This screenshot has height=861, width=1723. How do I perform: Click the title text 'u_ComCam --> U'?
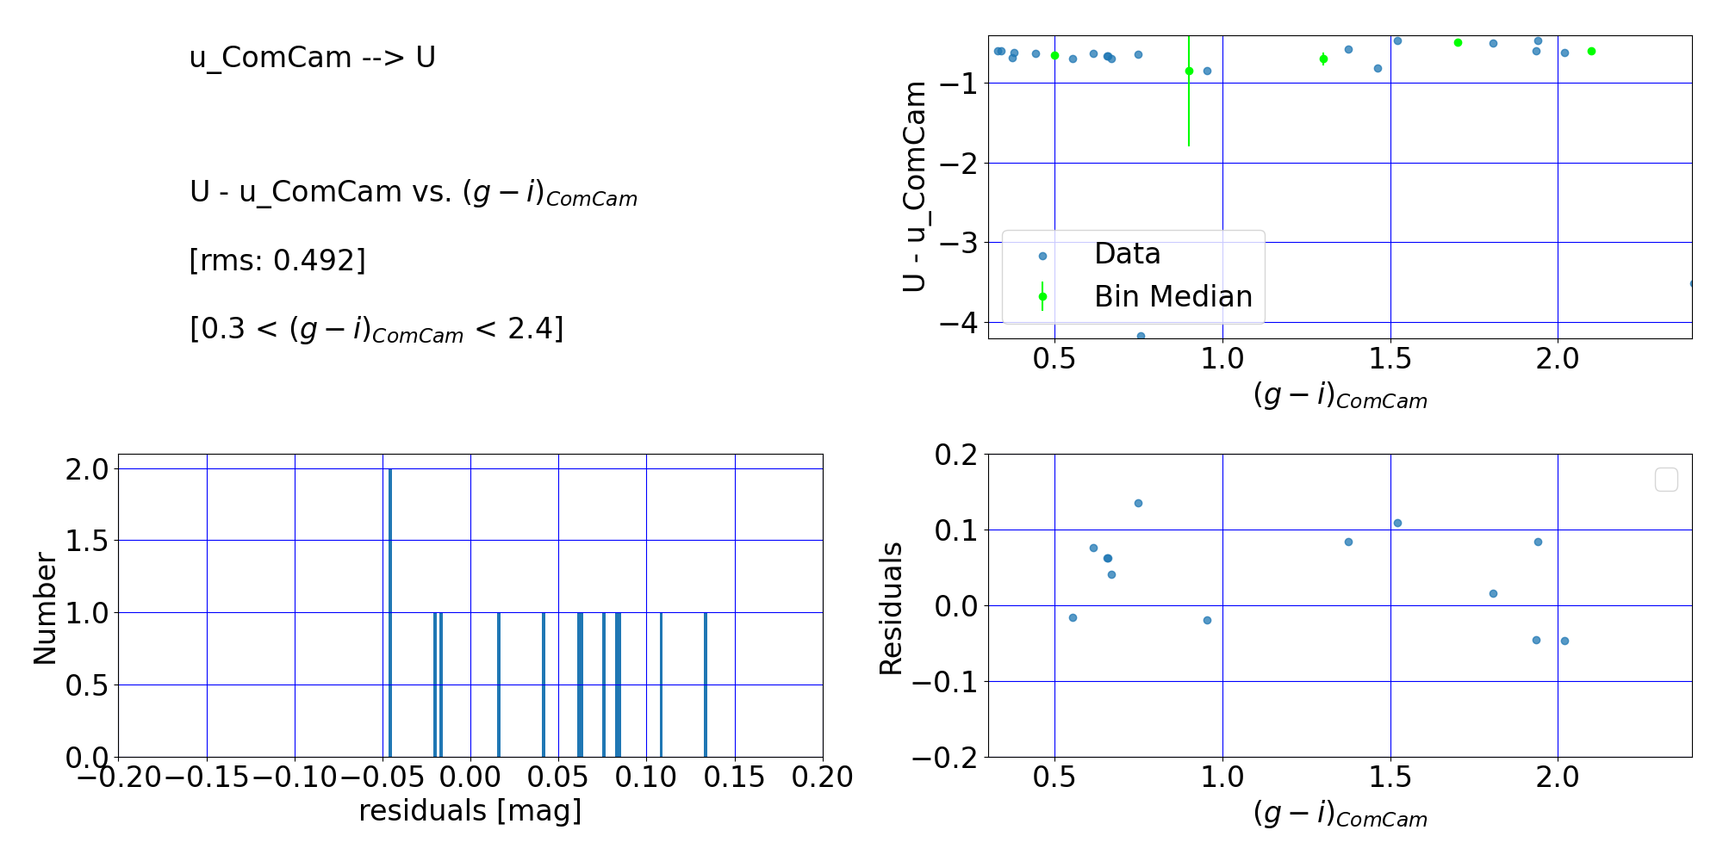[312, 58]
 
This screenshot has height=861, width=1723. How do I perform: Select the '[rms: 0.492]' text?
[277, 260]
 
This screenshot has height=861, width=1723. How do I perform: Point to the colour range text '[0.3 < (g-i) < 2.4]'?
[376, 329]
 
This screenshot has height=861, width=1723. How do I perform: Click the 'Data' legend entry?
[1127, 254]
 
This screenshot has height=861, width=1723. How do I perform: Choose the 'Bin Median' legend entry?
[1173, 297]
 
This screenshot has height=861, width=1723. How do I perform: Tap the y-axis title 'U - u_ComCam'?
[915, 186]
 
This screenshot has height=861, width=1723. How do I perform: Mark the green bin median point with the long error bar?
[1189, 71]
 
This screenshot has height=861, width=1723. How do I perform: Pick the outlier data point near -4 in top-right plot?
[1141, 336]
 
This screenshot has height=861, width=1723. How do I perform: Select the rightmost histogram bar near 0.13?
[706, 684]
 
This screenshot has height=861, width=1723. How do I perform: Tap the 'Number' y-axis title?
[45, 609]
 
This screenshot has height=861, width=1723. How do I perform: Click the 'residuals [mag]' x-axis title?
[470, 811]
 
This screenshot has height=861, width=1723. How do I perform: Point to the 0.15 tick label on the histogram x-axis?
[735, 777]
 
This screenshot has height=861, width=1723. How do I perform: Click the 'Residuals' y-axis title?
[891, 608]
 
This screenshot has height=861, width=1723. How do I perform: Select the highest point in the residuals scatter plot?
[1138, 503]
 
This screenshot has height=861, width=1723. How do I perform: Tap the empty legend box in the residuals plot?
[1666, 480]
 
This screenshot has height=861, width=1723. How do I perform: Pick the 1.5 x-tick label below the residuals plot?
[1390, 777]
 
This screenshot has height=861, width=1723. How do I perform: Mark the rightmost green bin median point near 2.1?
[1591, 52]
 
